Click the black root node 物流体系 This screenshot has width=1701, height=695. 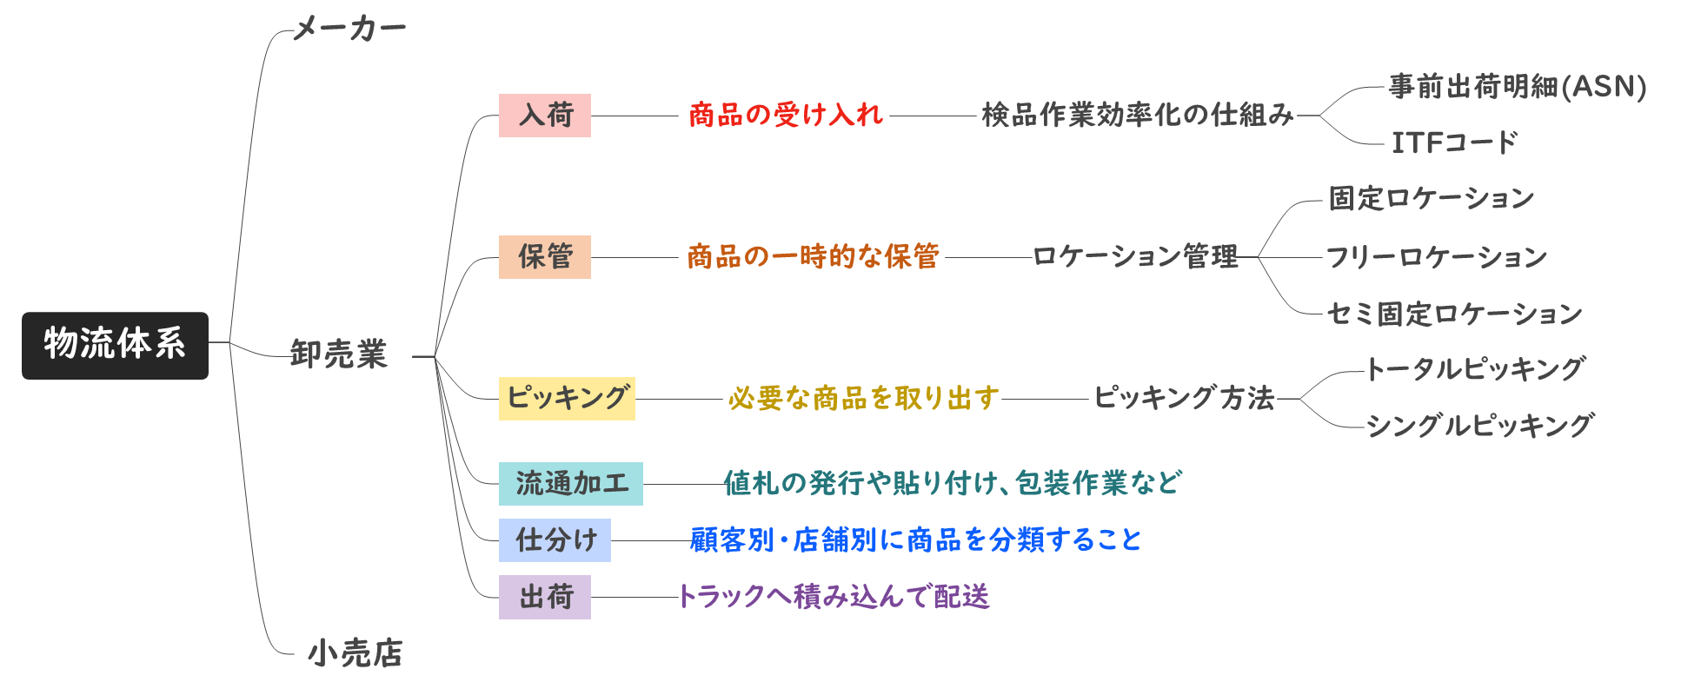tap(115, 345)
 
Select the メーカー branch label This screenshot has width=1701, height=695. tap(349, 29)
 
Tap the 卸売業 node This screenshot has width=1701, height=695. tap(339, 354)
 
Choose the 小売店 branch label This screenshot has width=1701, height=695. tap(355, 653)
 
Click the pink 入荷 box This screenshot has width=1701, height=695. tap(545, 116)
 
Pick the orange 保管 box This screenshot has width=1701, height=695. tap(545, 257)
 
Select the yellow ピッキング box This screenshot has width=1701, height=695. tap(567, 399)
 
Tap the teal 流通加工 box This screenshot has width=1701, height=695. tap(571, 484)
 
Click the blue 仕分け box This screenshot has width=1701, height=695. tap(555, 540)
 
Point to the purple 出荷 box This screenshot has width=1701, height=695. tap(545, 598)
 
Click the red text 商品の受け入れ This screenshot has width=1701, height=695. tap(785, 116)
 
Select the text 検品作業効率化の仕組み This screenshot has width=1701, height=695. tap(1137, 116)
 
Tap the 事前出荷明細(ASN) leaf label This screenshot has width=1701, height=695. tap(1517, 87)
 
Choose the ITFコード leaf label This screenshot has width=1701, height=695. tap(1454, 143)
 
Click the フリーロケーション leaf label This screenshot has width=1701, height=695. tap(1436, 257)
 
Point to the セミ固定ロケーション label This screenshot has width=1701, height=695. tap(1453, 314)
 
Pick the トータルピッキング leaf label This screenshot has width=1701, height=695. tap(1475, 370)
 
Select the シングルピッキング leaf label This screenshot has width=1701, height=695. tap(1479, 427)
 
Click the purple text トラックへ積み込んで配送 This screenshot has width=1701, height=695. tap(834, 598)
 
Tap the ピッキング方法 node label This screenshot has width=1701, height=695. tap(1183, 399)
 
